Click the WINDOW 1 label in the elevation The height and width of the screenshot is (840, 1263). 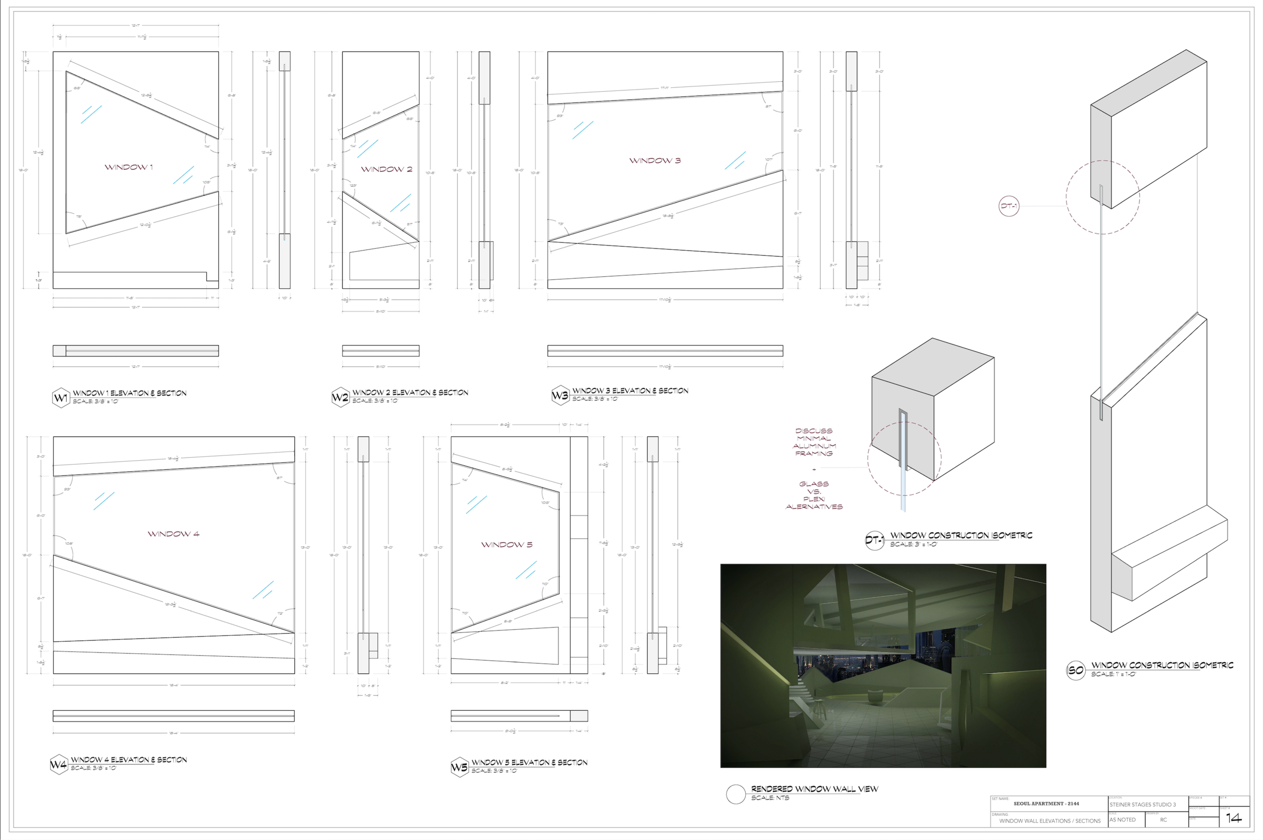click(129, 167)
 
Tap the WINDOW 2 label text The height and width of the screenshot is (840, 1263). click(386, 169)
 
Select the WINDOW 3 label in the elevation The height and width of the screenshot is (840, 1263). click(655, 161)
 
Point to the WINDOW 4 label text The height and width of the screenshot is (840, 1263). click(173, 534)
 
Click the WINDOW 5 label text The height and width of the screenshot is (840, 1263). click(506, 545)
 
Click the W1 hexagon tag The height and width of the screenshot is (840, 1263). click(61, 398)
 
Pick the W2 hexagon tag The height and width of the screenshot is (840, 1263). click(341, 398)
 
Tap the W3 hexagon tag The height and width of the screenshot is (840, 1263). click(560, 396)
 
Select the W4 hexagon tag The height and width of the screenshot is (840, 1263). click(59, 765)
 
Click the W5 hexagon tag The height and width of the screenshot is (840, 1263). click(459, 767)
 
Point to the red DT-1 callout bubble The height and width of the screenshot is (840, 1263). click(1008, 206)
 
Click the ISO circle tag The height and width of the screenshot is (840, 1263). click(1075, 671)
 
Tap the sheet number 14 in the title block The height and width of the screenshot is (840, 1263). click(1234, 818)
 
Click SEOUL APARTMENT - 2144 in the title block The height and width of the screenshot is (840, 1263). click(1046, 804)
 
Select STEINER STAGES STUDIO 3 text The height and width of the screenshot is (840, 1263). click(1142, 805)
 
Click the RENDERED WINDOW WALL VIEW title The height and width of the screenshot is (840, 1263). click(814, 789)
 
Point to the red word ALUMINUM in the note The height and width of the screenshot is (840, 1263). click(814, 446)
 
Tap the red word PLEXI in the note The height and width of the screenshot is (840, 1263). click(814, 499)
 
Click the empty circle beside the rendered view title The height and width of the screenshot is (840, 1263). click(736, 795)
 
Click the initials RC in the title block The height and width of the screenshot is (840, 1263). click(1163, 820)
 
